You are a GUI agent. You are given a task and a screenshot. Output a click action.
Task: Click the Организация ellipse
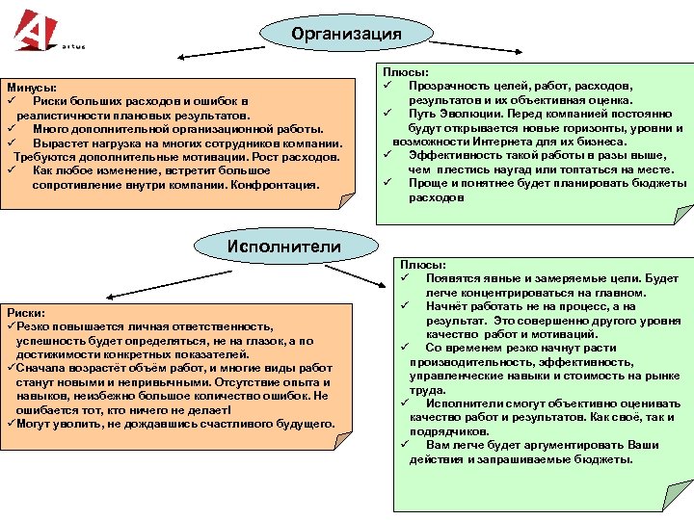tap(346, 35)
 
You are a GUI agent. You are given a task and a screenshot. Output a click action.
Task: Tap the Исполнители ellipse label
tap(283, 247)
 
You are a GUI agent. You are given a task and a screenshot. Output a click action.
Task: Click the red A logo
tap(38, 29)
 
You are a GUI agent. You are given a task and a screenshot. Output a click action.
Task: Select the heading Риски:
tap(27, 313)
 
